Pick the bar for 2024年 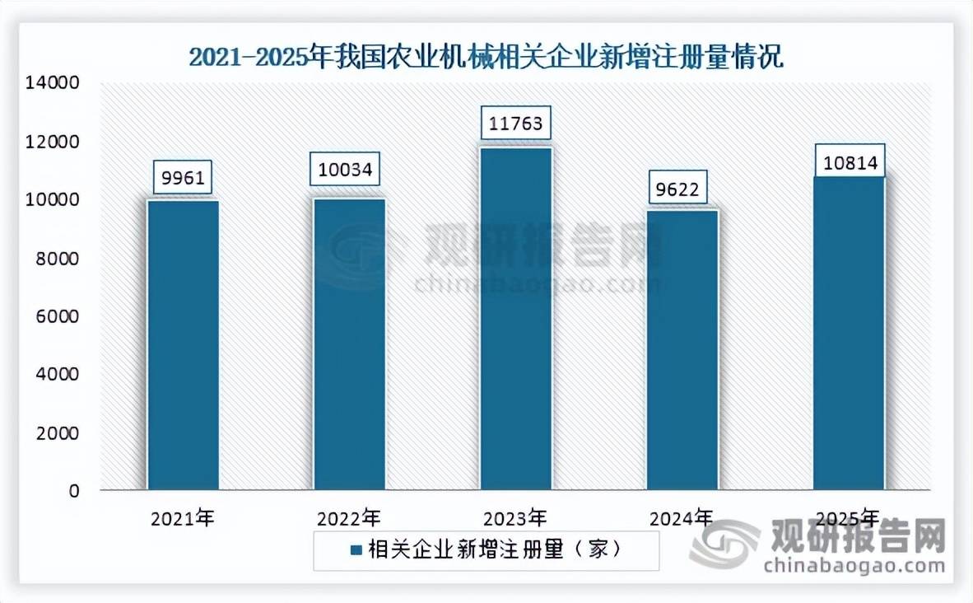(x=682, y=349)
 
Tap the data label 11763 (x=516, y=124)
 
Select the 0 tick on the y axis (x=74, y=491)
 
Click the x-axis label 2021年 (x=183, y=519)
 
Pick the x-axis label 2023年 (x=516, y=519)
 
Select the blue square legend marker (x=356, y=550)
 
